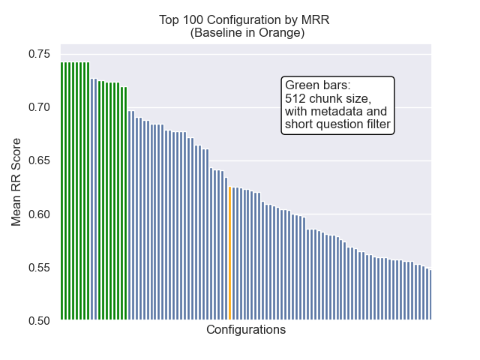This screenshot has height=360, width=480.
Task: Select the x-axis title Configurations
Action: [x=246, y=330]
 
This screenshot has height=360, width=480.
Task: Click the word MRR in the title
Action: [x=316, y=19]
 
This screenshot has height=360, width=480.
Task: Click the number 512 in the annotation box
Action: [x=295, y=99]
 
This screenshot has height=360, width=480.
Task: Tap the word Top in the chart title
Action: [x=169, y=19]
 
